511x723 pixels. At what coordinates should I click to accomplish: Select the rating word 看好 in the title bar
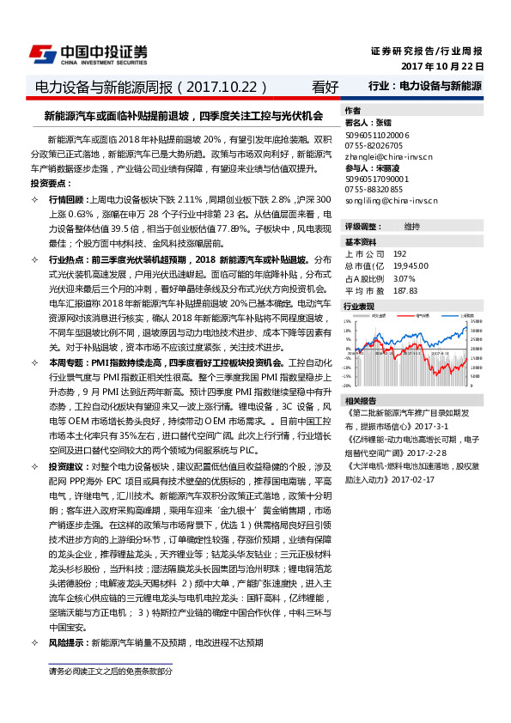[325, 87]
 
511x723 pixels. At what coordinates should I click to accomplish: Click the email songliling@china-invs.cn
[392, 200]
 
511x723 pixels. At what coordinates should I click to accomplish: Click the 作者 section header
[352, 112]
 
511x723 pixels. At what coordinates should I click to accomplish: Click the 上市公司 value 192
[399, 254]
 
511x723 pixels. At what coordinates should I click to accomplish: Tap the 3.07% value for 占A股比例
[404, 278]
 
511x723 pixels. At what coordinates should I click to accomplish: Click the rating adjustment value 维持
[411, 227]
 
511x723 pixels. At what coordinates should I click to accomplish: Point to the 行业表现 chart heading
[359, 306]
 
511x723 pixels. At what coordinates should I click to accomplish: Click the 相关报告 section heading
[359, 401]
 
